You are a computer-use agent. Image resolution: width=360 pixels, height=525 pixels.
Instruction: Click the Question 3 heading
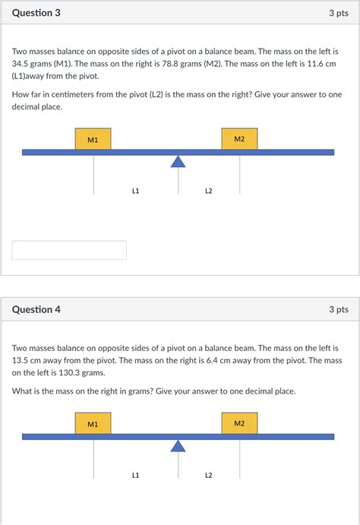pos(36,13)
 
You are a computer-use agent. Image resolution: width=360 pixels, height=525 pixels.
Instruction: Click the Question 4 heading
pos(36,309)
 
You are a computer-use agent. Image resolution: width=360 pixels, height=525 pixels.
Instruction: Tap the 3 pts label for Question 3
pos(338,13)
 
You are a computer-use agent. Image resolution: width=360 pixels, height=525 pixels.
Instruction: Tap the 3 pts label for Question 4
pos(338,309)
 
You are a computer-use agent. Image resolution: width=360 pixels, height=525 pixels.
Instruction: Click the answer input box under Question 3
pos(69,250)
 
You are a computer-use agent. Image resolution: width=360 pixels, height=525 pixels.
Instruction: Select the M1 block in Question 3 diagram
pos(93,139)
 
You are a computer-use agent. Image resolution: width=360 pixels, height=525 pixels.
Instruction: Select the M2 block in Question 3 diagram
pos(239,139)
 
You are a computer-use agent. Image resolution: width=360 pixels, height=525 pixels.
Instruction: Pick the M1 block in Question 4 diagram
pos(93,423)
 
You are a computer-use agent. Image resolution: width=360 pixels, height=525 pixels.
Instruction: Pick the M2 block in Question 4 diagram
pos(239,423)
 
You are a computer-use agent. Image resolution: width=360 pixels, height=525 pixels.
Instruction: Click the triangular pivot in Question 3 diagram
pos(178,161)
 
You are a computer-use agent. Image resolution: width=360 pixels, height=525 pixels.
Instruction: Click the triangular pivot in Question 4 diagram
pos(178,445)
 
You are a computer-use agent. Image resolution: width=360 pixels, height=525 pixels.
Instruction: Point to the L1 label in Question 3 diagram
pos(135,191)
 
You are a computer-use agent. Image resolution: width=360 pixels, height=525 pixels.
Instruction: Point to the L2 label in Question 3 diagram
pos(208,191)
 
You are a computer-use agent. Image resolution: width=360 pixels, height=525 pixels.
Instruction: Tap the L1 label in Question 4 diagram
pos(135,475)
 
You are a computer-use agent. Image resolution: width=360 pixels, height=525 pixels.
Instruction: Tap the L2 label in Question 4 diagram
pos(208,475)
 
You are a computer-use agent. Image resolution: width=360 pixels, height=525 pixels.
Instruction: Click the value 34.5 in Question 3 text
pos(21,64)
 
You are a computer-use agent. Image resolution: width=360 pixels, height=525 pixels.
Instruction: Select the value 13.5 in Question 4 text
pos(21,360)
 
